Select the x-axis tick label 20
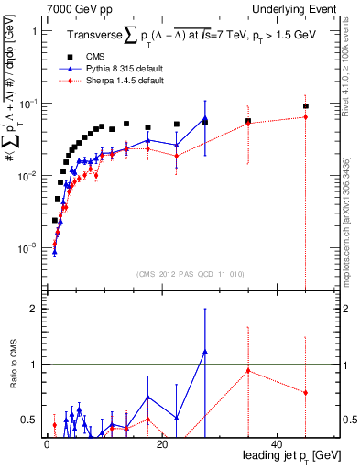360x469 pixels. click(161, 444)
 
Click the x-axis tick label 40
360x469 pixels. click(277, 444)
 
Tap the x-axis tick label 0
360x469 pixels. click(46, 444)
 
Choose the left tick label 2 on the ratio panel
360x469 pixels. click(33, 309)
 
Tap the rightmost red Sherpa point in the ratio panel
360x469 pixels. click(306, 392)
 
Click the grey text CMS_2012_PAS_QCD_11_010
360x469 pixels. click(178, 274)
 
